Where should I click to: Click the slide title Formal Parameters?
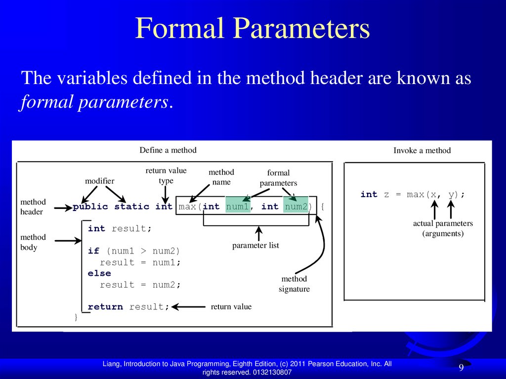[253, 29]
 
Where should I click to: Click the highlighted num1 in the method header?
[237, 207]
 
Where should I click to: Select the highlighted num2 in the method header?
[296, 207]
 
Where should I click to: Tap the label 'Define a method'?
[168, 150]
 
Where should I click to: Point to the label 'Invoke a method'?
[422, 151]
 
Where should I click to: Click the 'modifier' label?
[99, 181]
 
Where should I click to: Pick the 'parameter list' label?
[255, 245]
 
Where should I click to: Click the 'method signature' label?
[294, 284]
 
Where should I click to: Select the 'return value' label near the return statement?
[231, 307]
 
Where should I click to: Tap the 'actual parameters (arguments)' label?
[443, 228]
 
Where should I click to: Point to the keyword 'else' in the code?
[99, 273]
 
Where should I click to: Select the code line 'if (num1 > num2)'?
[134, 251]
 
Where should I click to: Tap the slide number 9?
[461, 368]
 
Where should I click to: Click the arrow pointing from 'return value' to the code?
[188, 307]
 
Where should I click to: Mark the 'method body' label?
[33, 242]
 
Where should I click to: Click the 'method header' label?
[33, 207]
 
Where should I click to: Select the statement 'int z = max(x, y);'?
[413, 195]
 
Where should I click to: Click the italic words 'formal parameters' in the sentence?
[94, 102]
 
